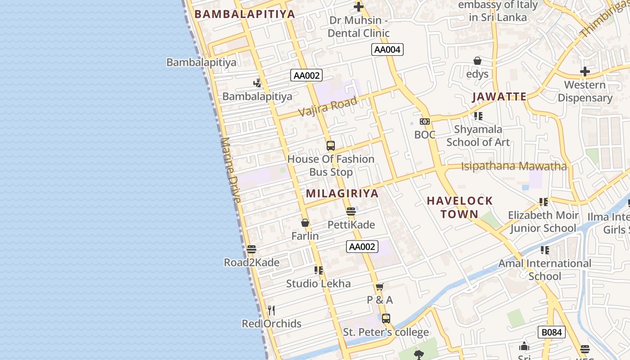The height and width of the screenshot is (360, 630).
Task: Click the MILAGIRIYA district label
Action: click(x=342, y=193)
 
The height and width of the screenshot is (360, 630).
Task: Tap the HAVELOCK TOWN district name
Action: click(x=459, y=207)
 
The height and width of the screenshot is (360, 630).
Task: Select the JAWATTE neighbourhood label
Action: click(x=499, y=97)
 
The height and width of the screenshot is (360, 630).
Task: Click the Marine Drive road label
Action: click(x=230, y=170)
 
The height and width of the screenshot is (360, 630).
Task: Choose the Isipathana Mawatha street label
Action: click(x=514, y=166)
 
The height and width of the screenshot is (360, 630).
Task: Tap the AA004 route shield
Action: click(x=387, y=49)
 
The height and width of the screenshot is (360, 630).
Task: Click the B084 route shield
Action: click(x=551, y=333)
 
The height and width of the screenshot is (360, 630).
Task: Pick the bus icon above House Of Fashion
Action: click(x=331, y=146)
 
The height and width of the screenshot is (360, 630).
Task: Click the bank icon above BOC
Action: click(x=425, y=121)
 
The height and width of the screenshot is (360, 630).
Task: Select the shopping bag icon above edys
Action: click(x=477, y=61)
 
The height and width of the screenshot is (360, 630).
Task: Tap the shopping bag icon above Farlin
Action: click(x=305, y=223)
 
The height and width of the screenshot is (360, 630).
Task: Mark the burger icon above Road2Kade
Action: click(x=252, y=249)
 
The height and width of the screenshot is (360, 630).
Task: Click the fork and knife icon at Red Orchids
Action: click(x=271, y=310)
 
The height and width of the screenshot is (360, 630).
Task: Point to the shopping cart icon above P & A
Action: click(x=380, y=287)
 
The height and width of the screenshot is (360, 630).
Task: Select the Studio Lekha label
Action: click(x=318, y=283)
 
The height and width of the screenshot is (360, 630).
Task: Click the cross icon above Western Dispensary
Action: click(x=585, y=72)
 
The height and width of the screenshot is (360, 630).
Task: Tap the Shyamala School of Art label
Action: click(x=478, y=135)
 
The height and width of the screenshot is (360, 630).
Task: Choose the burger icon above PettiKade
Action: click(x=351, y=211)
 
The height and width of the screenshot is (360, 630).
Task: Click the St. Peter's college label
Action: click(x=386, y=332)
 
